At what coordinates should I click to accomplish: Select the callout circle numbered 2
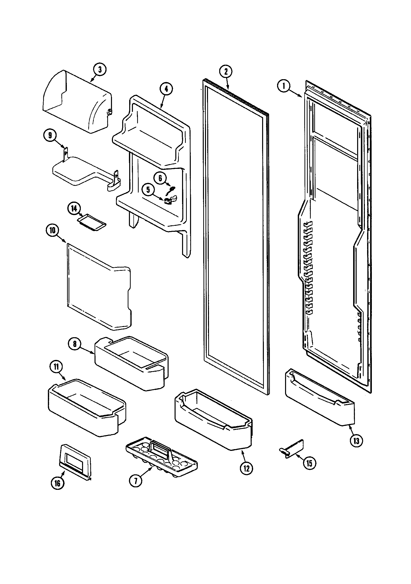(225, 71)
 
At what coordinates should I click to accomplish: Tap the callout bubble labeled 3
(100, 69)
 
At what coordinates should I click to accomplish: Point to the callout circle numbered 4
(166, 89)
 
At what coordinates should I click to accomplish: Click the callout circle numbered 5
(148, 190)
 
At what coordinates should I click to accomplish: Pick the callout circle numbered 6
(160, 178)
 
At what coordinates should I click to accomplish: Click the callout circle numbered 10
(52, 231)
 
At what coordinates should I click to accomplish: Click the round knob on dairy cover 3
(110, 112)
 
